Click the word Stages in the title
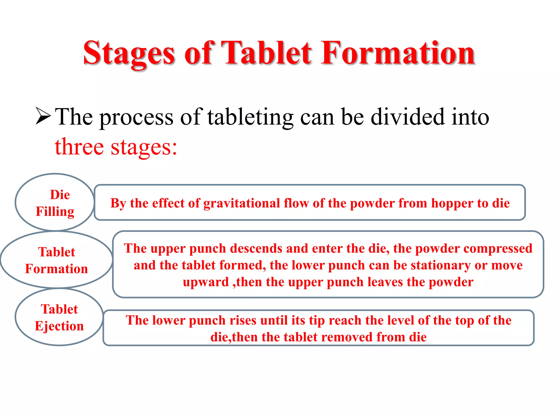tap(129, 53)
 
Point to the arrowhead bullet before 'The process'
tap(43, 116)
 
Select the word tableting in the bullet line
tap(250, 117)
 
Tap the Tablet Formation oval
tap(56, 260)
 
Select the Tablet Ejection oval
tap(59, 317)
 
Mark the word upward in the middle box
tap(206, 282)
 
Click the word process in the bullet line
tap(136, 117)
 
